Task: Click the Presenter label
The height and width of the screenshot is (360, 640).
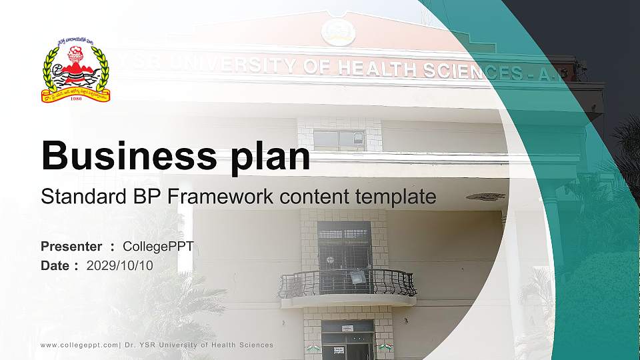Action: pos(71,247)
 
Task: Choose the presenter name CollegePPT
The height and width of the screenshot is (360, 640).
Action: pos(159,247)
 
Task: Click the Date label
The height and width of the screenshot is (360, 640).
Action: pos(55,265)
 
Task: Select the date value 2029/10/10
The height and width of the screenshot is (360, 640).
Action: pos(120,265)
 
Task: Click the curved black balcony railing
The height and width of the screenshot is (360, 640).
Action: pos(347,283)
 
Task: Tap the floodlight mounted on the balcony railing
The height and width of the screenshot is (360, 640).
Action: pos(357,276)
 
